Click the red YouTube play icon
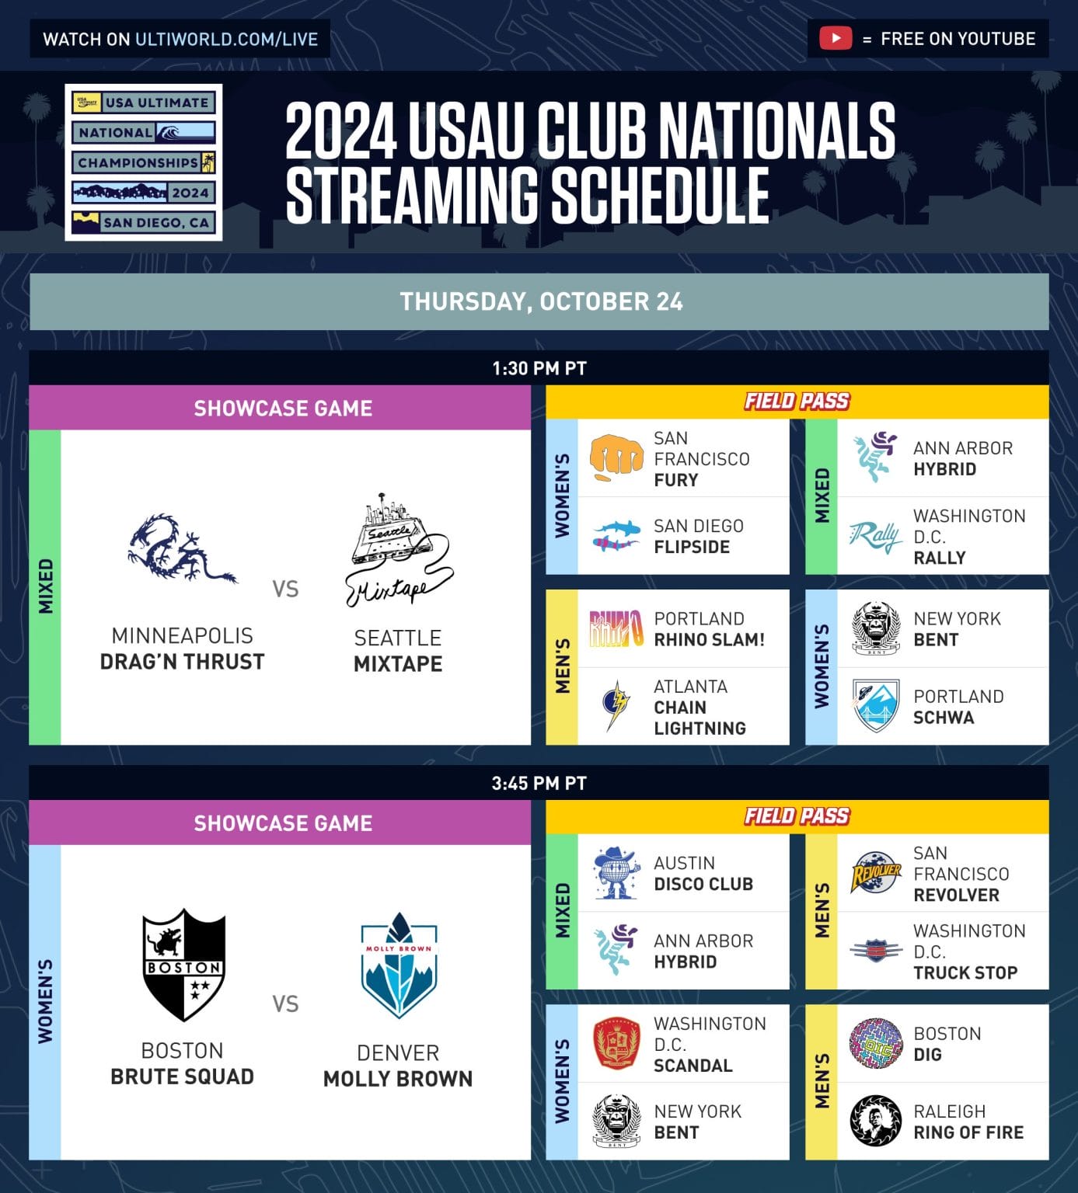836,38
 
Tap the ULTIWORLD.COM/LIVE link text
226,39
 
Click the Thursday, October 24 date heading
541,301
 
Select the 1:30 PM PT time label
539,368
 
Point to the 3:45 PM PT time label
539,783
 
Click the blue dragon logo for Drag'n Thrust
182,547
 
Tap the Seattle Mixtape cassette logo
399,550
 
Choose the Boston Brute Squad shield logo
184,964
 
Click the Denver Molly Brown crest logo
399,965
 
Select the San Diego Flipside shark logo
616,536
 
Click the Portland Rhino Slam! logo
616,629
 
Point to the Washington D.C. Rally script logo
875,536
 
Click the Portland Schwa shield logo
875,705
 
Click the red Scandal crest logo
616,1044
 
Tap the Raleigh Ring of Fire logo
875,1121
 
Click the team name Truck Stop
965,972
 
